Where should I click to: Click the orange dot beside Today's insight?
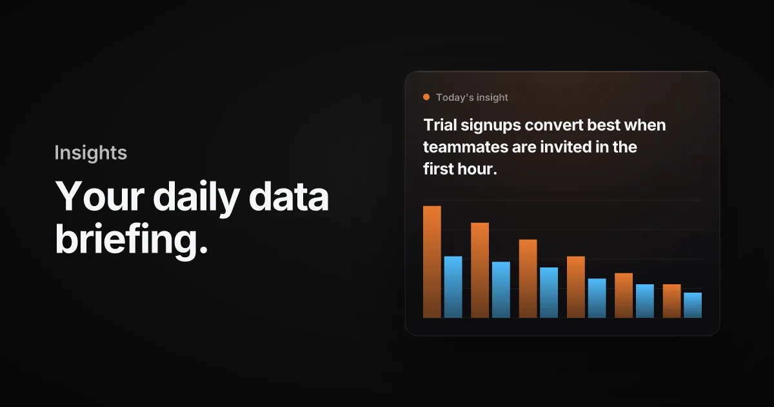(x=426, y=98)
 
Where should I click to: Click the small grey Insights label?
(x=91, y=152)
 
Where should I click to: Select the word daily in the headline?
(x=197, y=196)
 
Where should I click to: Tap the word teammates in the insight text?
(x=466, y=147)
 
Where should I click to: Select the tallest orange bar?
(x=432, y=262)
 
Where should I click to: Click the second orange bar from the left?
(x=480, y=270)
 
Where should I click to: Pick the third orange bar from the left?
(x=528, y=278)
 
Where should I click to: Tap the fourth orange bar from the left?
(x=576, y=287)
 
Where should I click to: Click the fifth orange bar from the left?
(x=624, y=295)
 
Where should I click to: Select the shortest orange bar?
(x=671, y=301)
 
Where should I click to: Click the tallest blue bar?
(x=453, y=287)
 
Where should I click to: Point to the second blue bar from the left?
(x=501, y=289)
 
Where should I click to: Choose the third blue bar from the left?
(x=549, y=293)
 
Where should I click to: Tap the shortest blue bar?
(x=693, y=305)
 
